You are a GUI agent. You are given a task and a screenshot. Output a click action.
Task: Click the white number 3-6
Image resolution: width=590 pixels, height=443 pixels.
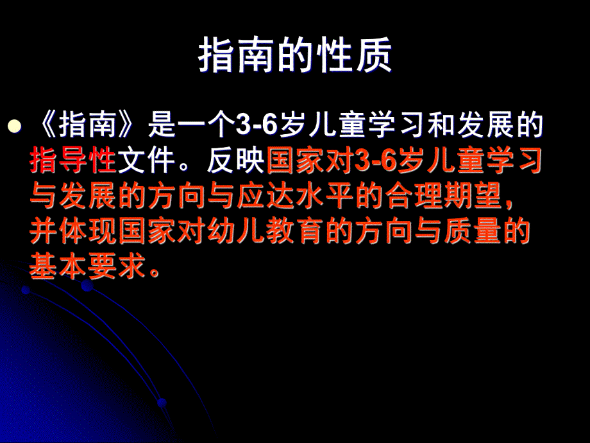pos(256,126)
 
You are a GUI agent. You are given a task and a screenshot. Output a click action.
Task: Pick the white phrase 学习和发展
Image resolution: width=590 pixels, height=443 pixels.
pos(442,126)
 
